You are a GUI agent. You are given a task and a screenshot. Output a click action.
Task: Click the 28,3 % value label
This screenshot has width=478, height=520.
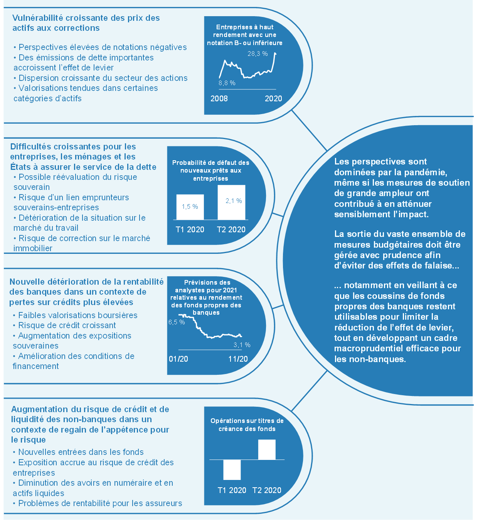258,54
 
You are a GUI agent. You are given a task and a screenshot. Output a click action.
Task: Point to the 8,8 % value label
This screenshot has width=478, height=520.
227,83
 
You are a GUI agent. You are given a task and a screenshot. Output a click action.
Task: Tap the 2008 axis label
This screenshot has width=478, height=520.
219,99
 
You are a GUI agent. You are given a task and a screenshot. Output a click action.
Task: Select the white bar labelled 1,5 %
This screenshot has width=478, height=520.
190,207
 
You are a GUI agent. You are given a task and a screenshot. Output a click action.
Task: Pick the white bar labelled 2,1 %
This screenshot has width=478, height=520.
231,203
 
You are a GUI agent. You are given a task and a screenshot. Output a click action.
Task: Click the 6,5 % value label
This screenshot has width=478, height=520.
177,322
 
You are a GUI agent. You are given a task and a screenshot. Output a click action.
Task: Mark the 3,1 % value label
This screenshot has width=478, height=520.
242,345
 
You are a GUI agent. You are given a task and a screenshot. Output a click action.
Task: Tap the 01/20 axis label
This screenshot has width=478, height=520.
178,359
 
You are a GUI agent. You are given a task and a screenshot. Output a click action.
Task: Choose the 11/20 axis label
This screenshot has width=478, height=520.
238,359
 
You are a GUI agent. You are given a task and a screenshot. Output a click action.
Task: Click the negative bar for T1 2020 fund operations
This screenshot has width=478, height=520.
232,470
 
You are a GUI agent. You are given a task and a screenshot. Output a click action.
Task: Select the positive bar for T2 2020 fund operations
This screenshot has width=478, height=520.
267,450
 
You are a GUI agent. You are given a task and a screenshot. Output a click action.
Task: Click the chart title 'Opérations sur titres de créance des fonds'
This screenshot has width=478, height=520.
247,424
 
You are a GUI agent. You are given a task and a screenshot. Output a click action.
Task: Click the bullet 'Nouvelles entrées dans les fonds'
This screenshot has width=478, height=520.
78,452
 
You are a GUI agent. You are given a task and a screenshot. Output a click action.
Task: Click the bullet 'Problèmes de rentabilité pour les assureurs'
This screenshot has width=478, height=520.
98,503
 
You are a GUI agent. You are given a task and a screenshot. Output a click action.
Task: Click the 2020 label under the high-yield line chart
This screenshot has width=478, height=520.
273,99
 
